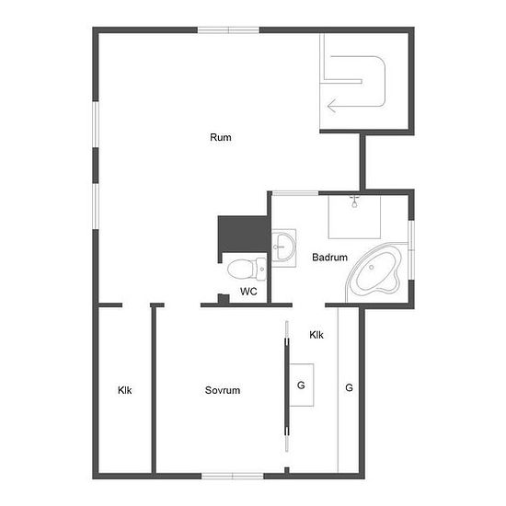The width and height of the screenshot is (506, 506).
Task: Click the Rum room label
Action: [x=221, y=137]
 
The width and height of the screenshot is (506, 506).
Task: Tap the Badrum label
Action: [x=329, y=258]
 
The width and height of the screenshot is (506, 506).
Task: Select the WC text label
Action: [x=248, y=292]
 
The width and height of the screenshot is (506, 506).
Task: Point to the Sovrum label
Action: [x=223, y=390]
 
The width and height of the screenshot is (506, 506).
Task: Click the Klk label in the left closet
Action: [x=124, y=390]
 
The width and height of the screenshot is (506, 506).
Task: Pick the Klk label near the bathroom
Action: [x=316, y=335]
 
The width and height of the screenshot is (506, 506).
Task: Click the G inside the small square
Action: [x=301, y=385]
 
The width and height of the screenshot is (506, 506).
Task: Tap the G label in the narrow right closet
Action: [x=349, y=387]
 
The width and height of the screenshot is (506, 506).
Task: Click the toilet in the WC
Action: [x=247, y=269]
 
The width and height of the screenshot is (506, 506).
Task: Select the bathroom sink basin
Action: [x=283, y=247]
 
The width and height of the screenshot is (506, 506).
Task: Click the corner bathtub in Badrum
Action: [x=374, y=272]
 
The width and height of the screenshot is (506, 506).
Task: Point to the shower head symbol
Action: [x=354, y=201]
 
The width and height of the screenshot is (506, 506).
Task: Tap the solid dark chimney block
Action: [x=244, y=235]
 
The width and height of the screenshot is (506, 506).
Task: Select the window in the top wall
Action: [x=228, y=30]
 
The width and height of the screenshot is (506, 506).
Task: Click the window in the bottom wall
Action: [x=233, y=476]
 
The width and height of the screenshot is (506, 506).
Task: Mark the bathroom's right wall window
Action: [x=411, y=249]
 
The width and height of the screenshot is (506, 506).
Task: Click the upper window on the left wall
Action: [x=96, y=124]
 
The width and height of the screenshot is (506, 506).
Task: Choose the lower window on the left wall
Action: [x=96, y=206]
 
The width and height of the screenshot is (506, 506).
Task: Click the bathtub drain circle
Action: [x=372, y=267]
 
